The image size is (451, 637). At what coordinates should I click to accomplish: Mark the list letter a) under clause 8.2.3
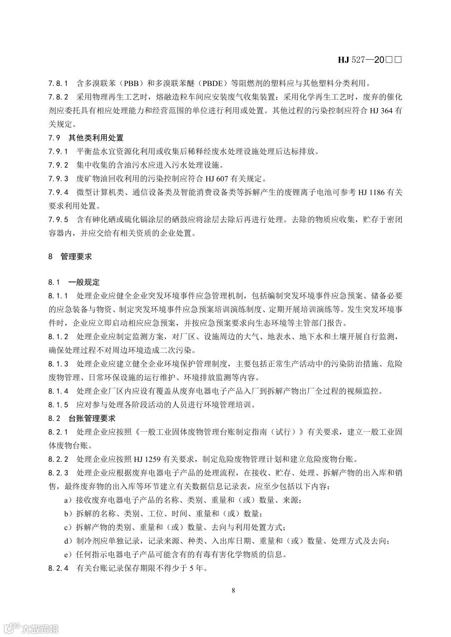[67, 500]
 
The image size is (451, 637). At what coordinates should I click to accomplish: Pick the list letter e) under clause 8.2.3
[67, 554]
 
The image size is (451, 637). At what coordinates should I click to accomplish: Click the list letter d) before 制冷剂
[67, 541]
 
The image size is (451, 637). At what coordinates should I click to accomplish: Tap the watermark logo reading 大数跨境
[31, 627]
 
